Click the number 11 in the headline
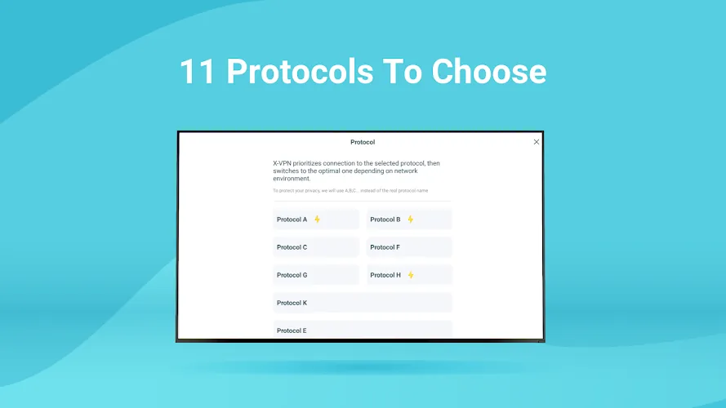[x=197, y=72]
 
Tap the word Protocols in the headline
[x=300, y=72]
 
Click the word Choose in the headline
[x=489, y=72]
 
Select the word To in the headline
[x=403, y=72]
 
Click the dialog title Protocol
[x=363, y=142]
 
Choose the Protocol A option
[x=316, y=220]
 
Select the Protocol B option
[x=409, y=220]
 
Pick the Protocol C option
[x=316, y=247]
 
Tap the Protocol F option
[x=409, y=247]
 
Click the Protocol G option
[x=316, y=275]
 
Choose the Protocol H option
[x=409, y=275]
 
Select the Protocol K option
[x=363, y=303]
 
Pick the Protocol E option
[x=363, y=330]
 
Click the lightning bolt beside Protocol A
[x=317, y=220]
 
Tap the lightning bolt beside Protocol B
[x=410, y=220]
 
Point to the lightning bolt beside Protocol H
[x=411, y=275]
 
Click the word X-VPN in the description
[x=283, y=163]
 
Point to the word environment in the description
[x=292, y=179]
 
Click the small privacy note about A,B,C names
[x=350, y=191]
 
